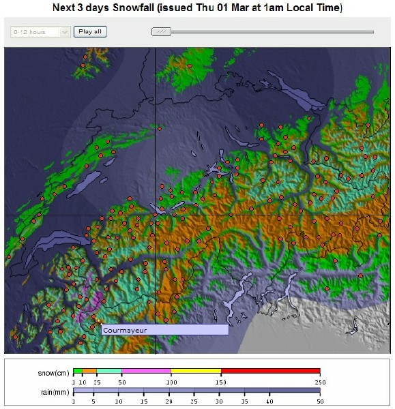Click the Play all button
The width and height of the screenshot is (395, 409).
click(x=90, y=31)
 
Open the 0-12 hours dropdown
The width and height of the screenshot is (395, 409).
click(x=40, y=31)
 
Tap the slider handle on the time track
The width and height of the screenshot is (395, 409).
click(x=161, y=31)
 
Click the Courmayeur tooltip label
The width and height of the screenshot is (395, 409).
click(x=164, y=330)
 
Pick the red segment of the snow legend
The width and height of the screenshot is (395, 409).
click(x=270, y=371)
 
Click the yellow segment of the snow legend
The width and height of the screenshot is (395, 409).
click(x=196, y=371)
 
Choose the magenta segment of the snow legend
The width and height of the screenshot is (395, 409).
click(x=146, y=371)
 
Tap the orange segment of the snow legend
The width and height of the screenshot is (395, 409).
click(x=89, y=371)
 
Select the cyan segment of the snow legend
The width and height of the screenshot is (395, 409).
click(x=109, y=371)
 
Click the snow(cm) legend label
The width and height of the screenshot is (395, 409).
click(x=52, y=373)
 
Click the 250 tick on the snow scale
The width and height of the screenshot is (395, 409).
click(x=319, y=381)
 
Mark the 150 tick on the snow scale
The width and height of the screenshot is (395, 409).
click(x=220, y=381)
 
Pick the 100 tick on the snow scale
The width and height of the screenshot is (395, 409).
click(x=171, y=381)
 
